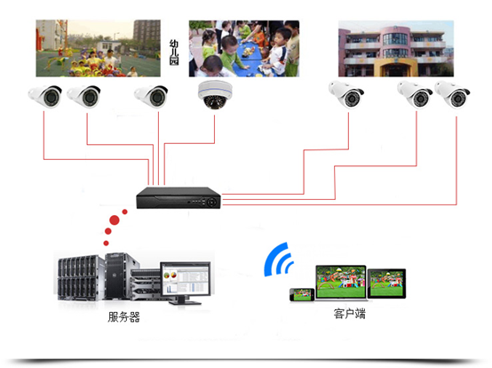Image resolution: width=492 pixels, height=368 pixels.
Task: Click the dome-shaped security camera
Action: point(215,94)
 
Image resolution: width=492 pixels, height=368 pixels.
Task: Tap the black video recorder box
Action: point(179,198)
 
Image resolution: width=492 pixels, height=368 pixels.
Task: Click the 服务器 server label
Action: point(123,316)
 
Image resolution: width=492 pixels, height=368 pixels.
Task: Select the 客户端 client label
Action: point(350,314)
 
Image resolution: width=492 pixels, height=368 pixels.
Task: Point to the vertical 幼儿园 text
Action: point(174,52)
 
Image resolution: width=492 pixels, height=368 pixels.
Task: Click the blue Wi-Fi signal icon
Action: point(279,260)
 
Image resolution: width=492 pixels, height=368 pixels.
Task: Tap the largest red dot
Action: point(115,220)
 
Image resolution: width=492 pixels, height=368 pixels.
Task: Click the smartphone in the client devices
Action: point(302,294)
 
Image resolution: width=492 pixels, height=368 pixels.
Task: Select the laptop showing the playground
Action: point(341,283)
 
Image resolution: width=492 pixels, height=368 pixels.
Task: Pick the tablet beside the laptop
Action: point(386,284)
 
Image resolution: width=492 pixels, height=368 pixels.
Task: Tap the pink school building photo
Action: point(396,49)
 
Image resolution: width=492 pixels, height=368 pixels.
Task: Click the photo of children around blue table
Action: point(244,49)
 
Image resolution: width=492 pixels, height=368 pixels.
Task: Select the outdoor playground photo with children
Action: point(99,48)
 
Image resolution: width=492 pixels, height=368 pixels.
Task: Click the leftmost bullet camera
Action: point(45,96)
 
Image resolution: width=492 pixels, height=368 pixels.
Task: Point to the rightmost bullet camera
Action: point(452,94)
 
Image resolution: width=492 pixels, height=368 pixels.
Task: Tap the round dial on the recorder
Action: point(211,202)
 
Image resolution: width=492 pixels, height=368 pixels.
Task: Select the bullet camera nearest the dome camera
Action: point(151,96)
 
